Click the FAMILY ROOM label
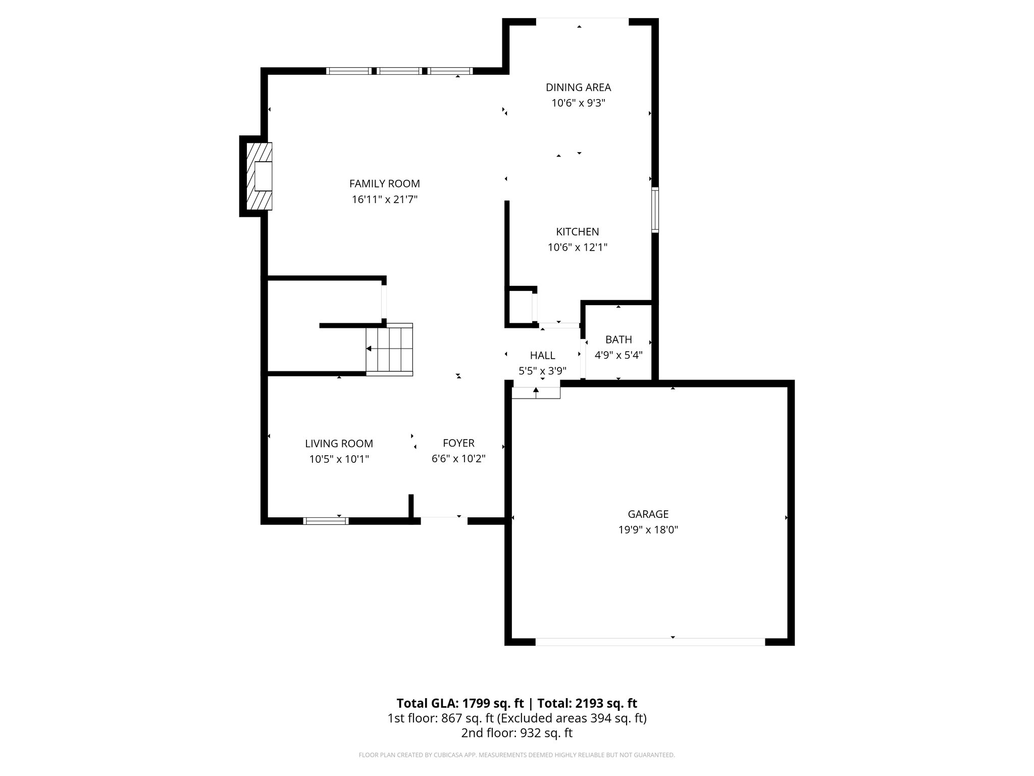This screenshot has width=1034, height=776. [x=384, y=184]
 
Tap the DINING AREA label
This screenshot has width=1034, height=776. [x=578, y=87]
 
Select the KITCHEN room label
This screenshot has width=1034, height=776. [x=577, y=232]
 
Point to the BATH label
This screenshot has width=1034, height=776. [x=618, y=339]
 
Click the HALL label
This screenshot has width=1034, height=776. [x=542, y=356]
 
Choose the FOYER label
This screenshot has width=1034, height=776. [x=458, y=443]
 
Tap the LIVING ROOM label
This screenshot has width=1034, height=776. [x=339, y=444]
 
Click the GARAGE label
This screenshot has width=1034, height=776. [x=648, y=514]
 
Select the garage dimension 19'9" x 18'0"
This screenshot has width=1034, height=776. [x=648, y=530]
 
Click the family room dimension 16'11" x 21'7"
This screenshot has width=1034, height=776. [x=384, y=200]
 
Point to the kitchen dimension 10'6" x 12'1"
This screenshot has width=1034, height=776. [x=577, y=248]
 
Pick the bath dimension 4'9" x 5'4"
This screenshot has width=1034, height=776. [x=618, y=355]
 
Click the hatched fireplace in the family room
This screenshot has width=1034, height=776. [x=258, y=176]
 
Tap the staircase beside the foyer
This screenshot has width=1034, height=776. [x=389, y=349]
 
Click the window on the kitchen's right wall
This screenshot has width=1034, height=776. [x=655, y=210]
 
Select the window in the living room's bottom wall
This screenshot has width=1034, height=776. [x=326, y=520]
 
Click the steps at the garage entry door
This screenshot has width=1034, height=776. [x=536, y=393]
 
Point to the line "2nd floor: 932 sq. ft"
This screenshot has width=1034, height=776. [x=516, y=733]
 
